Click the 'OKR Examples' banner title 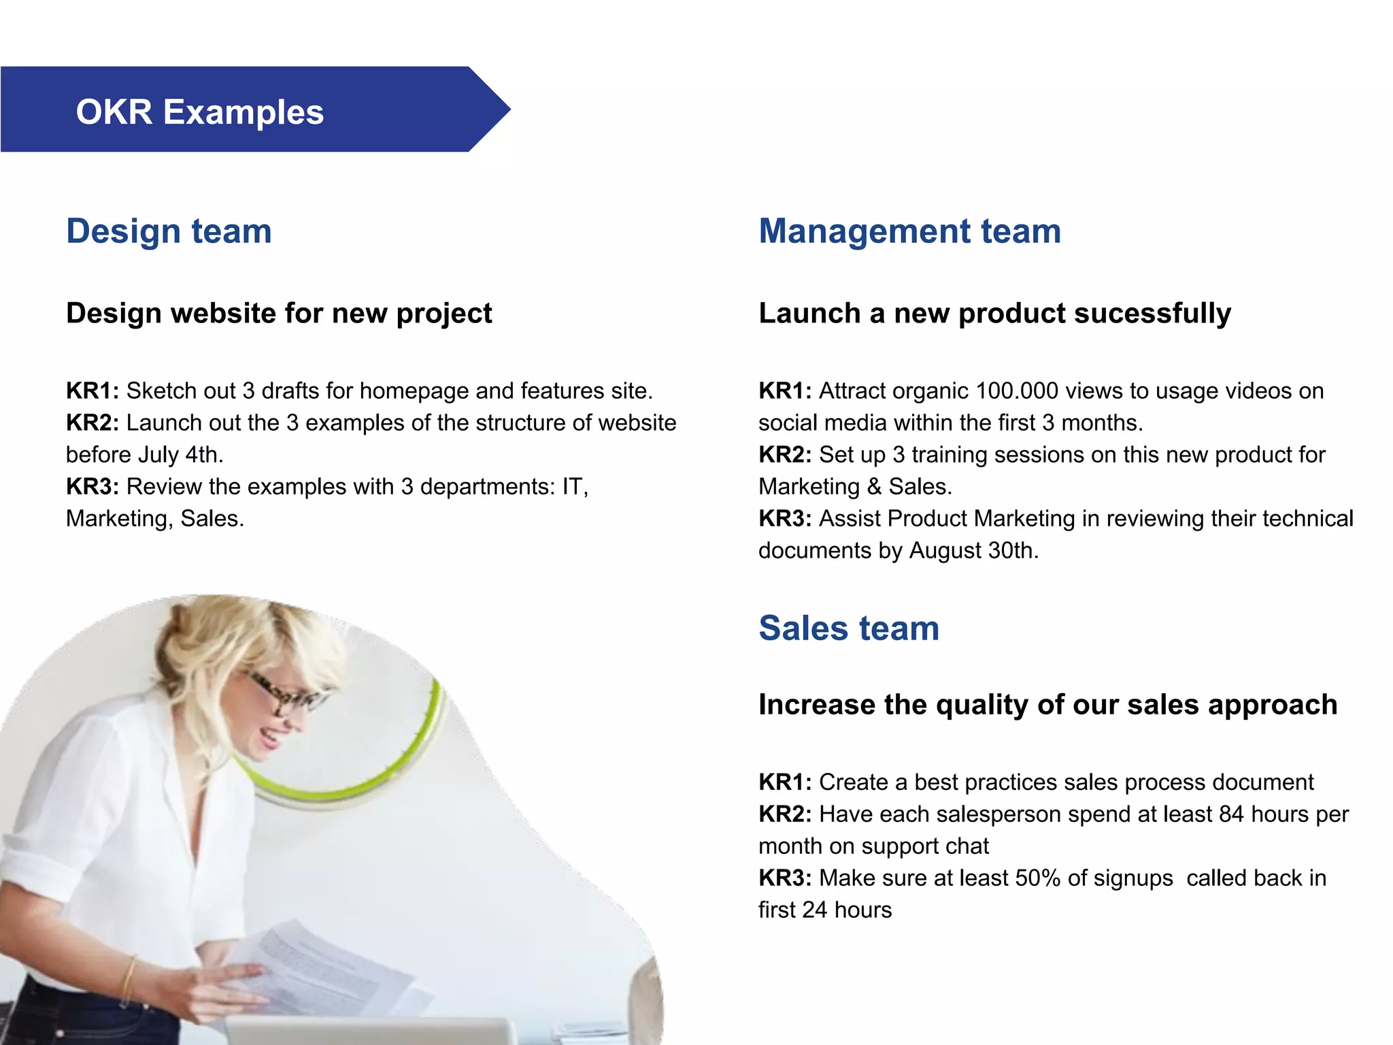coord(199,112)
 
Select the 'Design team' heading coord(169,231)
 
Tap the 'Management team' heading coord(909,231)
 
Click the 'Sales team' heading coord(848,628)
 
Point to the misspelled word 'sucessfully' coord(1153,314)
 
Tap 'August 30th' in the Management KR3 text coord(973,550)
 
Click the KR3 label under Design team coord(92,487)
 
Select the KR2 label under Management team coord(784,455)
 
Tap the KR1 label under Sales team coord(784,782)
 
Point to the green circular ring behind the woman coord(381,776)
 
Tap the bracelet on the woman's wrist coord(129,980)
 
